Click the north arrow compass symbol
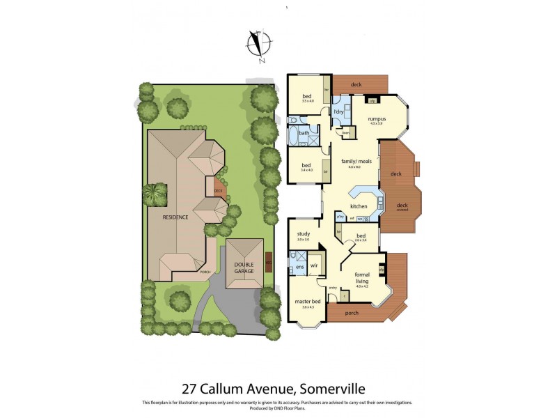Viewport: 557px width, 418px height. click(x=259, y=44)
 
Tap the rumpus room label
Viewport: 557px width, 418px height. click(x=377, y=118)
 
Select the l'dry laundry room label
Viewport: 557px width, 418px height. click(x=339, y=112)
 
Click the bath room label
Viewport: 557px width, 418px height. click(x=304, y=132)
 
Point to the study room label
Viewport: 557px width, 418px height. click(x=303, y=234)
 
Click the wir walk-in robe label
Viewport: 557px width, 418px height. click(x=314, y=266)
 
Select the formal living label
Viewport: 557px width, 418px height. click(x=361, y=277)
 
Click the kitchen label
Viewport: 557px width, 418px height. click(x=359, y=206)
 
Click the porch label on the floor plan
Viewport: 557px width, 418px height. click(x=352, y=313)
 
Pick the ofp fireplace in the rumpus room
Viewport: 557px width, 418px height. click(x=373, y=101)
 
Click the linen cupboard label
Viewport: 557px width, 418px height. click(x=345, y=132)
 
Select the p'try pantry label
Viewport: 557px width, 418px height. click(x=341, y=217)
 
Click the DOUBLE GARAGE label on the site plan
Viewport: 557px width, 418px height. click(x=244, y=267)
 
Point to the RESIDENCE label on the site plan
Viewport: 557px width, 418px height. click(x=175, y=217)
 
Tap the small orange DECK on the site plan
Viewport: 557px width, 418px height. click(x=218, y=189)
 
